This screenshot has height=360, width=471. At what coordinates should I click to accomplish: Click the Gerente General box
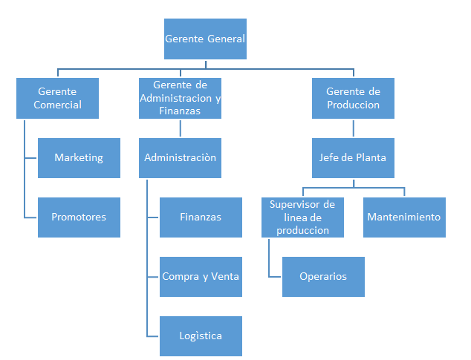(x=205, y=39)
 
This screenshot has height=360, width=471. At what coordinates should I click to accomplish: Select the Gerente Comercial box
(x=57, y=98)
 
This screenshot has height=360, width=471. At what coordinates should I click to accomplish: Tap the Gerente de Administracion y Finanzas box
(x=180, y=98)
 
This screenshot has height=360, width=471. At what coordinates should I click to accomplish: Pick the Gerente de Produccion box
(x=353, y=98)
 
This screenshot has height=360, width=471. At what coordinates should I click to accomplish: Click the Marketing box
(x=79, y=158)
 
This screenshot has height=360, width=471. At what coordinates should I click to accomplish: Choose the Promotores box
(x=79, y=217)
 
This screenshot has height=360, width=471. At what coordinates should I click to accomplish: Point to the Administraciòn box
(x=180, y=158)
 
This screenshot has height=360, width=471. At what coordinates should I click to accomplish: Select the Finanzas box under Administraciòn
(x=201, y=217)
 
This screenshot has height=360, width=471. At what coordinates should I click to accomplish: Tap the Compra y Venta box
(x=201, y=277)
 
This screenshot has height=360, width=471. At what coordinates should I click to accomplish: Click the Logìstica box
(x=201, y=336)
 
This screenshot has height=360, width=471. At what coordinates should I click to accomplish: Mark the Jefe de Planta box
(x=353, y=158)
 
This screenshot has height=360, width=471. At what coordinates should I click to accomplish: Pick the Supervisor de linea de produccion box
(x=302, y=217)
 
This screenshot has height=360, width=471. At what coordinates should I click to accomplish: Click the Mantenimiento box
(x=404, y=217)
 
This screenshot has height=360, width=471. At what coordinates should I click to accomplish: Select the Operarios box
(x=323, y=277)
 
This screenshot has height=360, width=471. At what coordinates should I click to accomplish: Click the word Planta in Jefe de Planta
(x=371, y=157)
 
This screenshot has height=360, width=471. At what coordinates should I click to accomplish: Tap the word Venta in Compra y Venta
(x=225, y=276)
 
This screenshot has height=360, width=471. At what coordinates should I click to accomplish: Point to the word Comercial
(x=57, y=105)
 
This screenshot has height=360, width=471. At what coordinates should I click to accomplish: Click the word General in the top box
(x=226, y=39)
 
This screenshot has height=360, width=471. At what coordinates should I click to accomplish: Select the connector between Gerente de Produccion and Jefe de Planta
(x=354, y=128)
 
